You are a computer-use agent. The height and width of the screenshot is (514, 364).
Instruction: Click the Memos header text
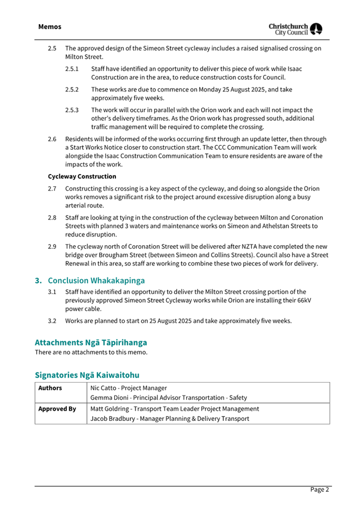coord(50,26)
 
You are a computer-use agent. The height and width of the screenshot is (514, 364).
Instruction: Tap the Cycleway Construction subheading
coord(82,176)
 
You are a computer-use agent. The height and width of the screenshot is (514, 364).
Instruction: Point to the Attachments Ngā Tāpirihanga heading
coord(91,342)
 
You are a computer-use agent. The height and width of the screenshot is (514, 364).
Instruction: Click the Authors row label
coord(50,388)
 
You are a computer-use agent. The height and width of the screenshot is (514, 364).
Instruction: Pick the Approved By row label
coord(57,409)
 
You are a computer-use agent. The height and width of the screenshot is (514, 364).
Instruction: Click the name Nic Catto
coord(103,388)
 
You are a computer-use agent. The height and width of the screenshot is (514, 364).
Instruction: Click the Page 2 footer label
coord(319,490)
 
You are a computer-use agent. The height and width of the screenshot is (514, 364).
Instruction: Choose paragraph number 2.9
coord(52,246)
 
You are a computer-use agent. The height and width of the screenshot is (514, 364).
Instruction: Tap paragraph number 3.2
coord(52,321)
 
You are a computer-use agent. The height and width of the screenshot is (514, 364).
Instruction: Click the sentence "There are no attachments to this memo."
coord(91,352)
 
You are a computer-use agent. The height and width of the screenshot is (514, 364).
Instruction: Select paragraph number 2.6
coord(52,139)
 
